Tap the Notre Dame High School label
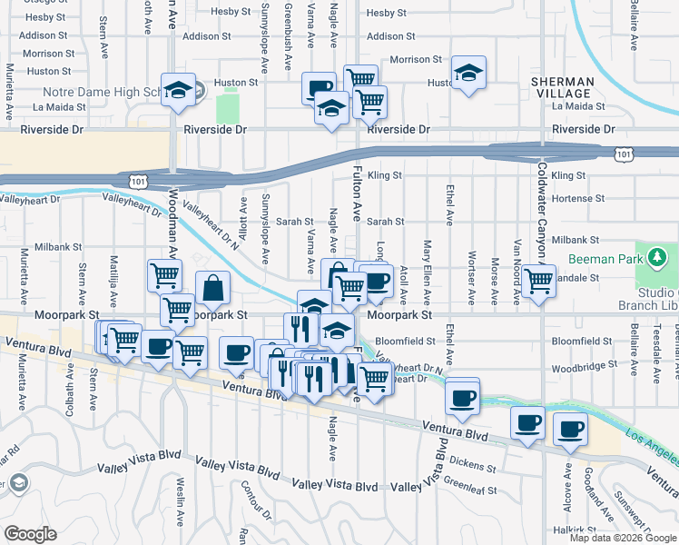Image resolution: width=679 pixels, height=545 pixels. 100,93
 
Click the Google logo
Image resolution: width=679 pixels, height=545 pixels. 30,533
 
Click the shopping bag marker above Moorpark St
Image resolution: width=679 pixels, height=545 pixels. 212,289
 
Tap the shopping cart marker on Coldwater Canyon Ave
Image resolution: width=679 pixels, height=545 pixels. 538,280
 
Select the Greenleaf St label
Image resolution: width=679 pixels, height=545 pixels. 467,489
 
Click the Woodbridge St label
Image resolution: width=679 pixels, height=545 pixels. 582,369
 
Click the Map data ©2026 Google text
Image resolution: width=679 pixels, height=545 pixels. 623,538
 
